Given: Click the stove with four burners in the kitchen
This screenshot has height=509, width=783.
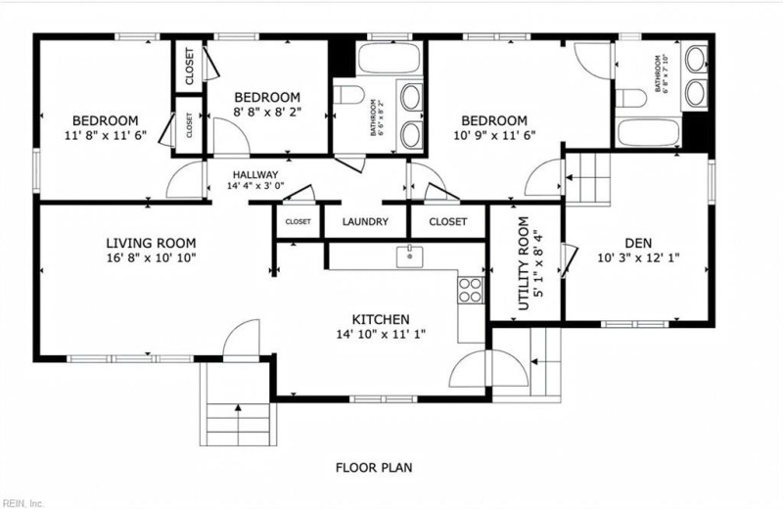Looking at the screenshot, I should tap(471, 289).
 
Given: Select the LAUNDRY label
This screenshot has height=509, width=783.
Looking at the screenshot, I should tap(366, 222).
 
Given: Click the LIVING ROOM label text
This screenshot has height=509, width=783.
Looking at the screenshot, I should tap(151, 243).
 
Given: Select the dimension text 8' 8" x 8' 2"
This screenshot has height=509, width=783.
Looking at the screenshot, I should tap(265, 113).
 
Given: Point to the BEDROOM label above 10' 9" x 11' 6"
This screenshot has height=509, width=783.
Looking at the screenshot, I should tap(494, 119).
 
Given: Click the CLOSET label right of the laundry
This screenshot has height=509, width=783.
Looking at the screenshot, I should tap(447, 222).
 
